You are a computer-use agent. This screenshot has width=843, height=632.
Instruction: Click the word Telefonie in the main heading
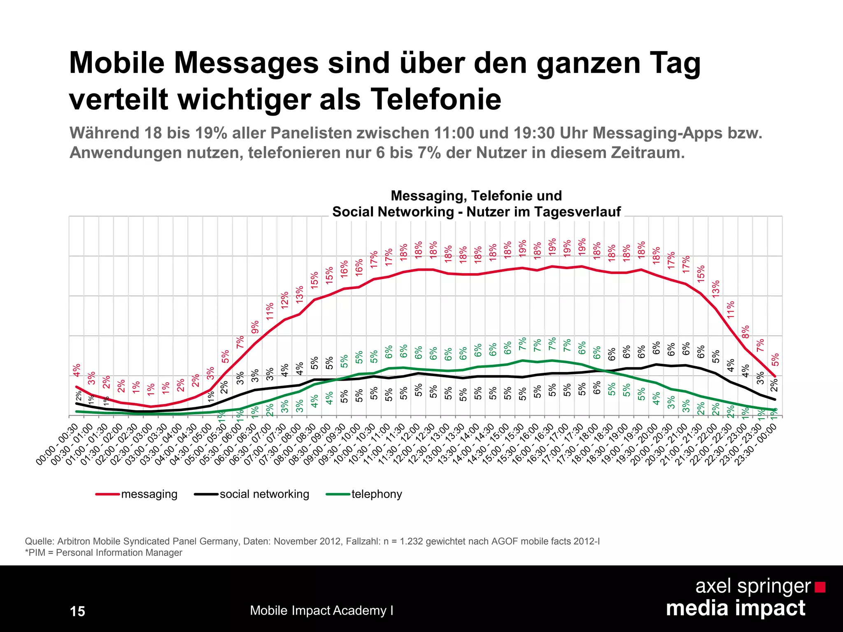[436, 100]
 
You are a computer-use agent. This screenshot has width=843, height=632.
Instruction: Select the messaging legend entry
[149, 494]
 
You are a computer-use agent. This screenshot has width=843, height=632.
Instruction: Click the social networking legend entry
[264, 494]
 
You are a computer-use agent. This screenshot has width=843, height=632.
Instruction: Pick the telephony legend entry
[376, 494]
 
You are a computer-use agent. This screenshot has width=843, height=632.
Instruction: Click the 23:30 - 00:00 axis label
[757, 444]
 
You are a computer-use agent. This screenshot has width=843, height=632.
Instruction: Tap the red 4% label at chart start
[77, 369]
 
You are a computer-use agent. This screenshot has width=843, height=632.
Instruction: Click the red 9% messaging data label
[255, 327]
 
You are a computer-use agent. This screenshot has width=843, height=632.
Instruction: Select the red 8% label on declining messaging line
[746, 331]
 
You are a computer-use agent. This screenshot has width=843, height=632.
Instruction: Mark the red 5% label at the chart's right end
[775, 359]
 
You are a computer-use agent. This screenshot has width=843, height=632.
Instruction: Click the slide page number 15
[77, 611]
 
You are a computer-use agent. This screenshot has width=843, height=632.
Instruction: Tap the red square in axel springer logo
[820, 587]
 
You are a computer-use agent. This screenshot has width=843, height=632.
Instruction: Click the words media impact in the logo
[735, 608]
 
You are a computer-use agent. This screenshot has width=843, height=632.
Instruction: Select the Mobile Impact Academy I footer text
[321, 610]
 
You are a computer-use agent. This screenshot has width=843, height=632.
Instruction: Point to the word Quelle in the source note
[39, 541]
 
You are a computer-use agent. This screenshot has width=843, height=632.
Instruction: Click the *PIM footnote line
[104, 553]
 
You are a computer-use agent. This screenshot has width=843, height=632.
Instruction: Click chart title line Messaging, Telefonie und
[476, 195]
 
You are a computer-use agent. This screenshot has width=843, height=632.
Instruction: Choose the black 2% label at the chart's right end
[774, 385]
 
